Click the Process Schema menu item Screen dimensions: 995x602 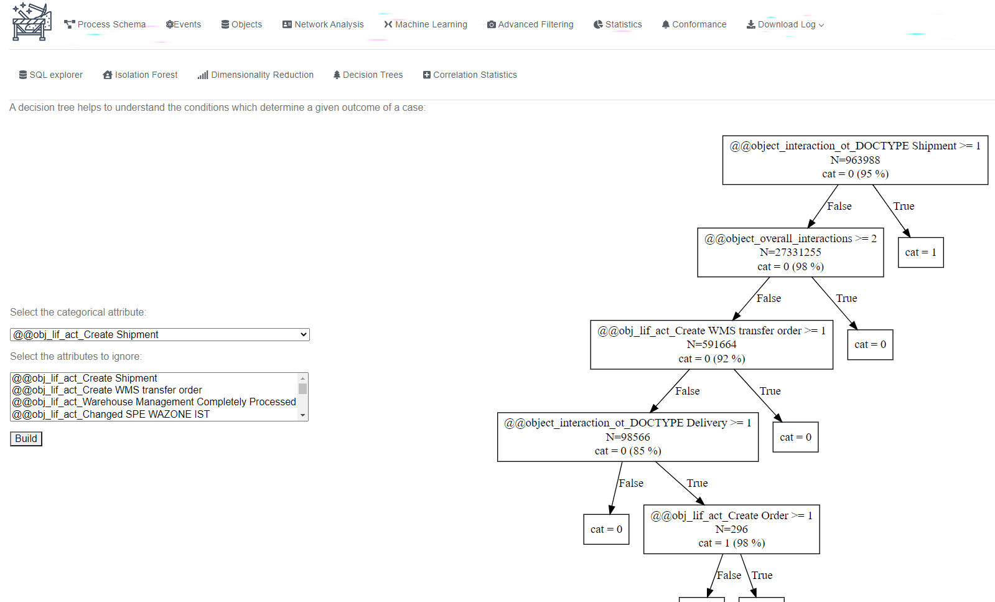point(105,24)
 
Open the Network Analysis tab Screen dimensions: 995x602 point(323,24)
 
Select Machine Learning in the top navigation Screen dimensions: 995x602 point(426,24)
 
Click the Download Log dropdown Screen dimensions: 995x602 point(785,24)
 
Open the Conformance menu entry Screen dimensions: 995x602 point(694,24)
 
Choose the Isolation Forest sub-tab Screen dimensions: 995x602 point(140,75)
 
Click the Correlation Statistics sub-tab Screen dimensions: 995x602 point(470,75)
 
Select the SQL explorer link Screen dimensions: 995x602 point(50,75)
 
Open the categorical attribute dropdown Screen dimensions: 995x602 point(160,334)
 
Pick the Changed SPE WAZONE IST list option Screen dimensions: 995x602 point(111,414)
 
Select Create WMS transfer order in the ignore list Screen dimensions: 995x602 point(107,390)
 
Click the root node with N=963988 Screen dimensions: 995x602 point(855,160)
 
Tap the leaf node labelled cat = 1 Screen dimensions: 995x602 point(921,252)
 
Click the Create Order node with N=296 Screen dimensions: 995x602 point(732,529)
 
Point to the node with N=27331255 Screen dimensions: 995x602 point(791,252)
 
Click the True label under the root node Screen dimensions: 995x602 point(904,206)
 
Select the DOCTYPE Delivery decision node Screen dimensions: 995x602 point(628,437)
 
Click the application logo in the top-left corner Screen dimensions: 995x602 point(32,22)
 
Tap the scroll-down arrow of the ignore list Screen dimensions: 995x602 point(303,415)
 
